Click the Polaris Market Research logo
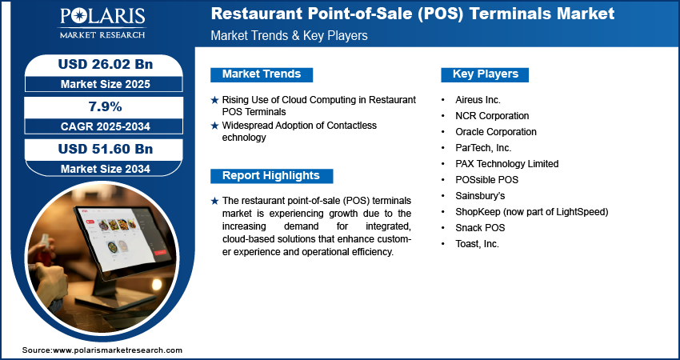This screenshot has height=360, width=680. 102,22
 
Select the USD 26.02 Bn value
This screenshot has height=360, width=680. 106,64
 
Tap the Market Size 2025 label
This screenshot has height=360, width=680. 106,84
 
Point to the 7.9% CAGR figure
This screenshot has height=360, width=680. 106,106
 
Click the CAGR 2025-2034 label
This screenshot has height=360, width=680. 106,126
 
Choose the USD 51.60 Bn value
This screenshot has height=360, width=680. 106,149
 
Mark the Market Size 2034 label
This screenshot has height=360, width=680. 106,169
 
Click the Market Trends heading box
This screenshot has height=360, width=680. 262,74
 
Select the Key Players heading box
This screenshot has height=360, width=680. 485,74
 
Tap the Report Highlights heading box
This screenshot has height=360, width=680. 271,176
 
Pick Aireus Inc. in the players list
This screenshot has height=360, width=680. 478,100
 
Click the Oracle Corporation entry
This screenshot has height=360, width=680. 496,132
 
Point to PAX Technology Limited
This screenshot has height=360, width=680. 507,164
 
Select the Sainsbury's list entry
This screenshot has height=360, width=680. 480,196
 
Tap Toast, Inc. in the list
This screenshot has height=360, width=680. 477,244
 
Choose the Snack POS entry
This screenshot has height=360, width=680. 480,228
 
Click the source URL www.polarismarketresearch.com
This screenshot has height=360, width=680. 118,350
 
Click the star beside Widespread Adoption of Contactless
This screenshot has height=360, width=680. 214,126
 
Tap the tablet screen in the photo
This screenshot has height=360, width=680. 122,238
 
